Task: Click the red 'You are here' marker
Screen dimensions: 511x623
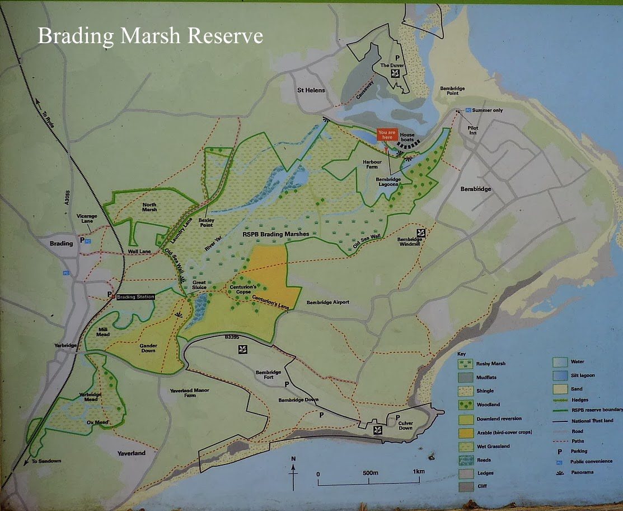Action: click(x=387, y=135)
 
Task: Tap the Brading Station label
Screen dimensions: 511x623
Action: click(x=134, y=296)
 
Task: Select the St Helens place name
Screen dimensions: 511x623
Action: click(x=311, y=90)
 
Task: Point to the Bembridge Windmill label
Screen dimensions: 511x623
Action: click(x=410, y=242)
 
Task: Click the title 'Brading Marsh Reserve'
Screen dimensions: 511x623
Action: click(x=150, y=36)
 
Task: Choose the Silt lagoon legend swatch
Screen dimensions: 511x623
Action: click(x=560, y=375)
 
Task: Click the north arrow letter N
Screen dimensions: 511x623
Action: click(x=293, y=459)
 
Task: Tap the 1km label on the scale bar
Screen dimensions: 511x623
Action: click(x=418, y=473)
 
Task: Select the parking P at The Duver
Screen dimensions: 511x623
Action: click(x=397, y=58)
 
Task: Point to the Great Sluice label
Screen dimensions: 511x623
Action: click(x=199, y=285)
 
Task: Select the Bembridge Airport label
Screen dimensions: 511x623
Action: click(x=327, y=303)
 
